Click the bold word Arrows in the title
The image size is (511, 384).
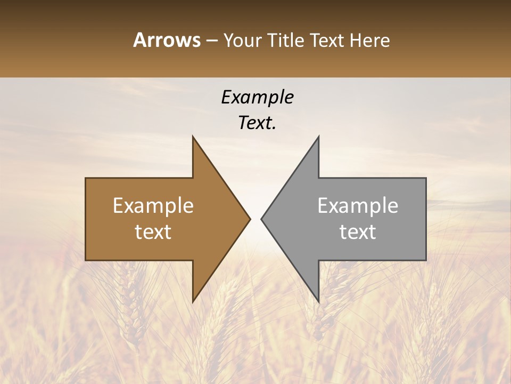(x=167, y=40)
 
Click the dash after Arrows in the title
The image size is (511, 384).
(x=212, y=41)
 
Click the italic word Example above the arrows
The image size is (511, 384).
(x=257, y=98)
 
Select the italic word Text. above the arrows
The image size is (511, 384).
(x=257, y=123)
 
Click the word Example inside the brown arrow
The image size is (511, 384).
(x=153, y=206)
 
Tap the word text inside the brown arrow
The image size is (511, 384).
(x=153, y=232)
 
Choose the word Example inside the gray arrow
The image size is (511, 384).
(x=358, y=206)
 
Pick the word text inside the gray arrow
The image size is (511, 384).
(x=358, y=232)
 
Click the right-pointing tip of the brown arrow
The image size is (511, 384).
(x=249, y=219)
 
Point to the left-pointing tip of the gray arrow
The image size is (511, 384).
(x=262, y=219)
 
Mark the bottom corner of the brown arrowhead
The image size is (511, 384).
(x=193, y=301)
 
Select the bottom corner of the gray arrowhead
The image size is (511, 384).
(x=318, y=301)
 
